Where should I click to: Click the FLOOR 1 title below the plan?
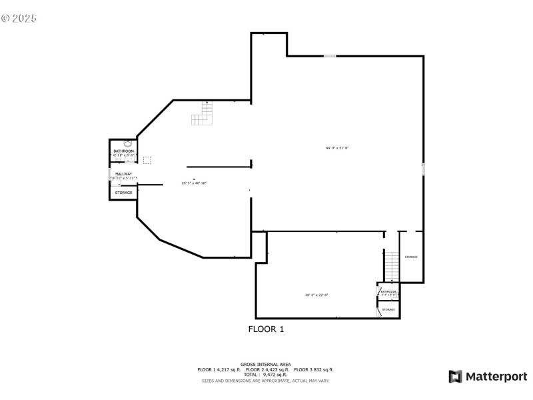click(266, 329)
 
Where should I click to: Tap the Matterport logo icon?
click(456, 377)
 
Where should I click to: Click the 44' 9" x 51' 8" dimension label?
click(337, 147)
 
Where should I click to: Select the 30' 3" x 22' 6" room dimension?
click(317, 295)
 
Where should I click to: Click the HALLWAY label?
click(124, 174)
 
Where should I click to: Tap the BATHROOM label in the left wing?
click(124, 151)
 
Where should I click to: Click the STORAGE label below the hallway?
click(124, 193)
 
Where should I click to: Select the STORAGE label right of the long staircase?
click(411, 257)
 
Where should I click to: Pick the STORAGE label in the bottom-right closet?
click(388, 309)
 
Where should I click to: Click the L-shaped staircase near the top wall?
click(203, 114)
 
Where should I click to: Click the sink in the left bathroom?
click(128, 143)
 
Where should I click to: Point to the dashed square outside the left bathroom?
click(147, 160)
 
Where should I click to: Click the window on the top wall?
click(330, 56)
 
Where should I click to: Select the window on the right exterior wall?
click(423, 171)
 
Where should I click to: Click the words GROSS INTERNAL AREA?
click(266, 364)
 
